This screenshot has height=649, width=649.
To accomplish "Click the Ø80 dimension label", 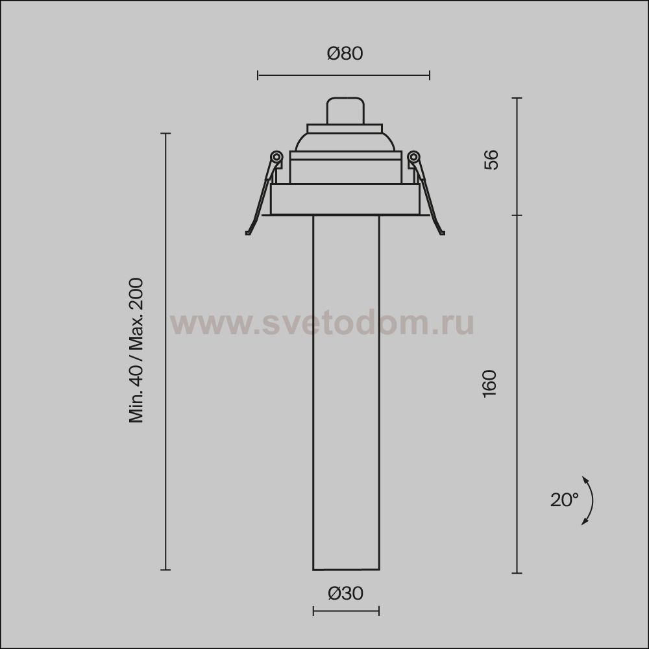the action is click(345, 54).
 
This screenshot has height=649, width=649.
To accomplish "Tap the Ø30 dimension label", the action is click(346, 594).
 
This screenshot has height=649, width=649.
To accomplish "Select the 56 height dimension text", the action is click(491, 160).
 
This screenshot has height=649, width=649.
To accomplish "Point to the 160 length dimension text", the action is click(489, 384).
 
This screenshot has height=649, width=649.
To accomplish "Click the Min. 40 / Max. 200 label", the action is click(136, 350).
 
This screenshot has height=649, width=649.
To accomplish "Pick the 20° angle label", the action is click(564, 500).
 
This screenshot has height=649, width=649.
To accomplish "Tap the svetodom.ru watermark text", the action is click(322, 323).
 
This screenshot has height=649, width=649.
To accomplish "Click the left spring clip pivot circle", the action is click(276, 157).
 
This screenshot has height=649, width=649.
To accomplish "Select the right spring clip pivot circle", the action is click(413, 157).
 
